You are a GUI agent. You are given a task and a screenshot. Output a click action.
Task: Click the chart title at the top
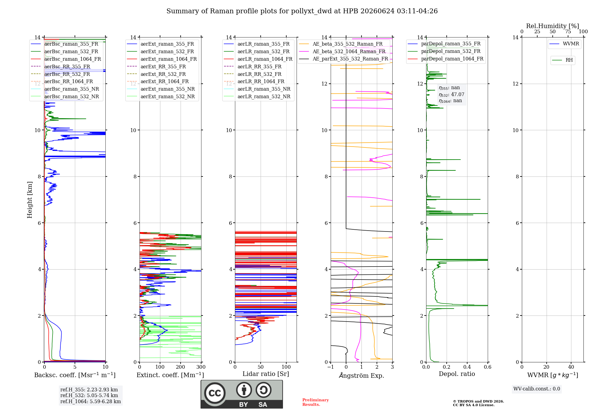302,11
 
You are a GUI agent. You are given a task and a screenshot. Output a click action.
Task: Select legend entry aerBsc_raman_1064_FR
66,59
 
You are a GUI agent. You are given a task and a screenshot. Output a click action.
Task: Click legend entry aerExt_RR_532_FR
156,74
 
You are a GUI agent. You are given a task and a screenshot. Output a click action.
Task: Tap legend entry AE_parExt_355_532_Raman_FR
344,59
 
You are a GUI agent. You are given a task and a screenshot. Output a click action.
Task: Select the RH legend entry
563,60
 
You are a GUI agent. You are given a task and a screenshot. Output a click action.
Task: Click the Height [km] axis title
30,200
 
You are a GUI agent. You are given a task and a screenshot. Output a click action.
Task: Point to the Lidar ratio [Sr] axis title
266,374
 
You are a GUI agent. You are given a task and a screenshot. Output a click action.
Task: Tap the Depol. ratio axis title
457,374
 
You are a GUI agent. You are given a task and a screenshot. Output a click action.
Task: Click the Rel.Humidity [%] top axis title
553,26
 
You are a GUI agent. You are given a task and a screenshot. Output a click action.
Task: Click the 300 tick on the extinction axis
201,367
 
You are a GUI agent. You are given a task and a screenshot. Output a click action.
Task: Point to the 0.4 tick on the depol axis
467,367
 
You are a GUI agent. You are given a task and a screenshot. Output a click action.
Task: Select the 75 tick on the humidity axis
568,31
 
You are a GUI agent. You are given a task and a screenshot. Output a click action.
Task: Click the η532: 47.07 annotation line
451,94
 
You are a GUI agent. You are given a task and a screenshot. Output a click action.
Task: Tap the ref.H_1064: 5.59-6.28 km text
91,401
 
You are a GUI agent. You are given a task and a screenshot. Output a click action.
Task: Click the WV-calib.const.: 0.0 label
537,389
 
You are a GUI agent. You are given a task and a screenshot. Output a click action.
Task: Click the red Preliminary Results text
316,402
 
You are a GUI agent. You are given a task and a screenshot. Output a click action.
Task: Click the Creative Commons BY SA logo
242,394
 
